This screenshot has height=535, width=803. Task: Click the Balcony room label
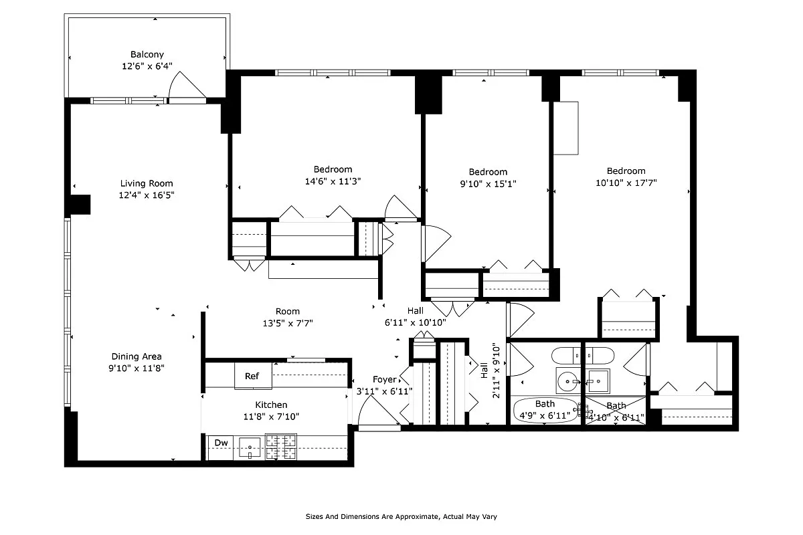click(147, 55)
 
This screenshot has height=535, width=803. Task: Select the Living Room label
click(147, 183)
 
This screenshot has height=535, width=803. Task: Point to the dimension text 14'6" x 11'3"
click(333, 181)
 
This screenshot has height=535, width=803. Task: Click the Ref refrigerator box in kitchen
click(252, 377)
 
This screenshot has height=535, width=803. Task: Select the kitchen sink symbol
click(250, 447)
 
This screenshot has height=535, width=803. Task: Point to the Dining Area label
click(137, 356)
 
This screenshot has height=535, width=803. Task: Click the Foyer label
click(384, 380)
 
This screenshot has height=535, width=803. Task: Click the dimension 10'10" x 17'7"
click(626, 183)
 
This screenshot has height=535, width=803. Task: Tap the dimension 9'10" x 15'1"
click(488, 183)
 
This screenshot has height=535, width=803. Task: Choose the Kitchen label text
click(271, 405)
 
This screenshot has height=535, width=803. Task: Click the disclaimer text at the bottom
click(401, 516)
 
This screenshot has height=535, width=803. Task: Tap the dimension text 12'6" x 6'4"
click(147, 66)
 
